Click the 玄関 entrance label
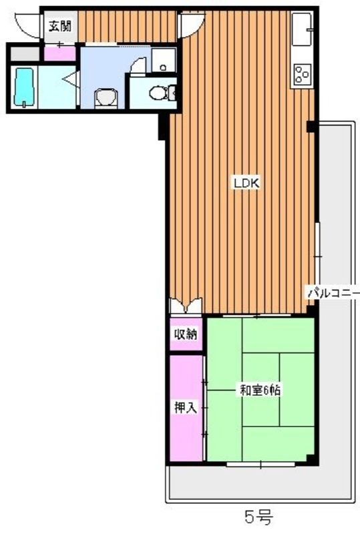tap(59, 27)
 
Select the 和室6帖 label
tap(259, 391)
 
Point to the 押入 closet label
tap(185, 408)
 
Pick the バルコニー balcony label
tap(333, 292)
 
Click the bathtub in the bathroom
tap(23, 87)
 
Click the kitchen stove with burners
tap(301, 73)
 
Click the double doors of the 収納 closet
tap(185, 306)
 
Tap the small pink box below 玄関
tap(60, 52)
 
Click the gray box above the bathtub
tap(23, 53)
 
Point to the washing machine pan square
tap(162, 60)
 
